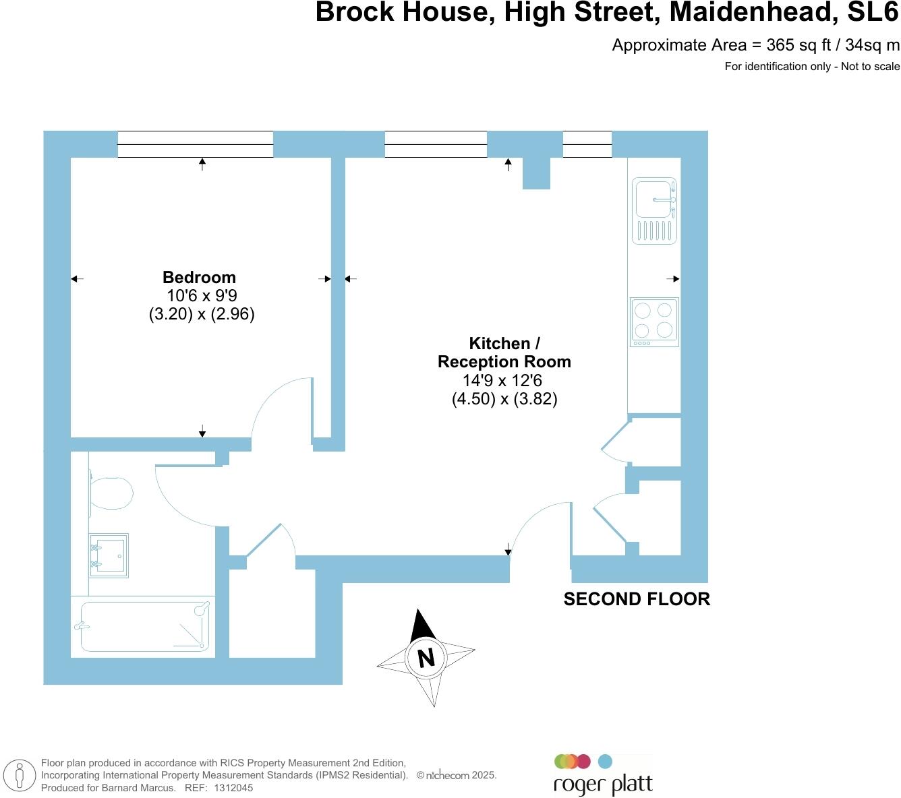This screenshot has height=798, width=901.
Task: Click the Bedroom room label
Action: click(x=199, y=277)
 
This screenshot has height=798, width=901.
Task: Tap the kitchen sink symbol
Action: click(x=653, y=210)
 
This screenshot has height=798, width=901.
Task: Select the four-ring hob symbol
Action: click(x=653, y=322)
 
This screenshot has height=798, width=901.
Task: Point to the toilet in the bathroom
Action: click(x=111, y=493)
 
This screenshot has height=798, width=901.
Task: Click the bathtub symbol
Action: click(x=144, y=626)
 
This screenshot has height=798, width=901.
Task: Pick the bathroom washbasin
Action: click(x=109, y=555)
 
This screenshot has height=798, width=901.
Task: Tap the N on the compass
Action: click(x=426, y=658)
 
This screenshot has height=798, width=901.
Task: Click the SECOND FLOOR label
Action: click(x=637, y=598)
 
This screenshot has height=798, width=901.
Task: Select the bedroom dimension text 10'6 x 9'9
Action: click(x=202, y=295)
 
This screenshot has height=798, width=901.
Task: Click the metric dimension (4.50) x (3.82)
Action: click(x=504, y=398)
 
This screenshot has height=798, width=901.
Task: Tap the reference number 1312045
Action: click(x=233, y=788)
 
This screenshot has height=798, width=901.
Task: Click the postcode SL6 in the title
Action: click(x=873, y=11)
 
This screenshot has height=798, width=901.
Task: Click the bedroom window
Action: click(x=195, y=144)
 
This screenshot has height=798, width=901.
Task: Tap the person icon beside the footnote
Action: click(x=19, y=775)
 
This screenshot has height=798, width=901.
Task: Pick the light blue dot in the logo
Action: click(x=605, y=762)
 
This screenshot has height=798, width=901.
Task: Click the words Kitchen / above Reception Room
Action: click(x=504, y=343)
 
